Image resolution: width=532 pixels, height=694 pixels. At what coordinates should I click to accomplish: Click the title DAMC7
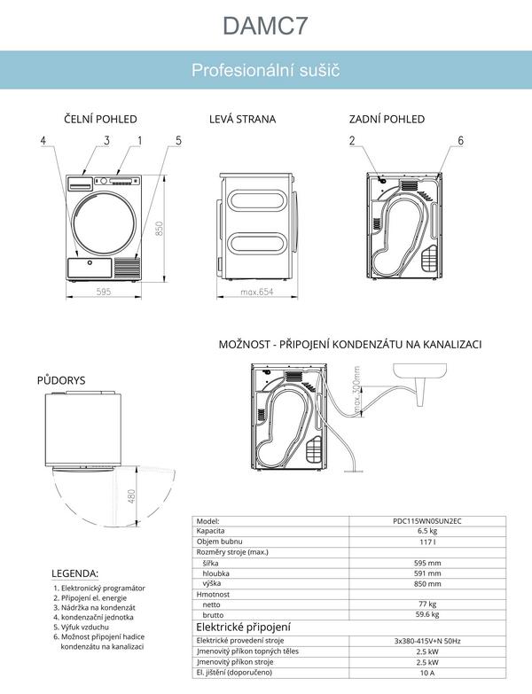pyautogui.click(x=266, y=26)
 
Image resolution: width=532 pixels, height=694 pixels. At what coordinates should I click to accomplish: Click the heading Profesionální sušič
pyautogui.click(x=266, y=70)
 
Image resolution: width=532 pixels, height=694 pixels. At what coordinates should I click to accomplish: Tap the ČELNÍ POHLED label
pyautogui.click(x=100, y=119)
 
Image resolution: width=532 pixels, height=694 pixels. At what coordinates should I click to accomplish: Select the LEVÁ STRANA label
pyautogui.click(x=242, y=119)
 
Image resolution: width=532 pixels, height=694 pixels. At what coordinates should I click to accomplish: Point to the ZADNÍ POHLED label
pyautogui.click(x=387, y=119)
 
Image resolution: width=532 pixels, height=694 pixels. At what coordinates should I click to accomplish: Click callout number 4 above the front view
pyautogui.click(x=43, y=141)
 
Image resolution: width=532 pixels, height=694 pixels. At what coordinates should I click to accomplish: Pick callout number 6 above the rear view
pyautogui.click(x=460, y=141)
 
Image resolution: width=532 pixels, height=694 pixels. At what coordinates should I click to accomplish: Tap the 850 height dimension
pyautogui.click(x=160, y=228)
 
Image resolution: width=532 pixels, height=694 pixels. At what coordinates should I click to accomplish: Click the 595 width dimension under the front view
pyautogui.click(x=103, y=292)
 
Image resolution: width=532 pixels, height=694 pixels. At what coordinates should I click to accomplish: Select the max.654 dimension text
pyautogui.click(x=256, y=292)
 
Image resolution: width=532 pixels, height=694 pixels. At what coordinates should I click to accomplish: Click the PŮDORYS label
pyautogui.click(x=61, y=380)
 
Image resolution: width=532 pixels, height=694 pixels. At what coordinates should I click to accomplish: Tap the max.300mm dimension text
pyautogui.click(x=358, y=391)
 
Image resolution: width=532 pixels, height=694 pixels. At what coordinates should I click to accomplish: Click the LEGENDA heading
pyautogui.click(x=75, y=573)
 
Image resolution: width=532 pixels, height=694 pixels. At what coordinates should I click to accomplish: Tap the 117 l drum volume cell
pyautogui.click(x=427, y=541)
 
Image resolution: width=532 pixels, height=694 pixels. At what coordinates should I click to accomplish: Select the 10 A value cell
pyautogui.click(x=427, y=673)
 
